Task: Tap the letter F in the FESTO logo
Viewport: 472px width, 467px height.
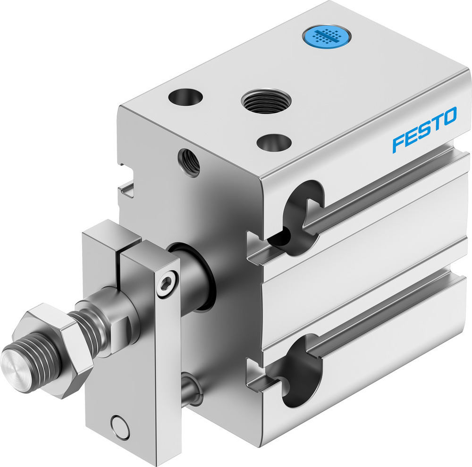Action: [x=398, y=143]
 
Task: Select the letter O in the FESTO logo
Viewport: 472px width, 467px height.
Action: [x=449, y=116]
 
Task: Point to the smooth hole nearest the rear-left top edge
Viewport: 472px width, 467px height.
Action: [x=185, y=98]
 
